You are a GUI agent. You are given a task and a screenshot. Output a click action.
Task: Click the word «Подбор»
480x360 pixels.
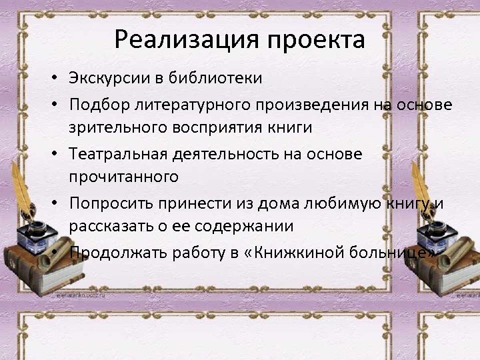[x=97, y=105]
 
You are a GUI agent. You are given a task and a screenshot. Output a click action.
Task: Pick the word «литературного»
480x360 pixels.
[x=193, y=105]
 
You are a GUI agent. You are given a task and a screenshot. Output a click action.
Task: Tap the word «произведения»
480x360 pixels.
[x=321, y=105]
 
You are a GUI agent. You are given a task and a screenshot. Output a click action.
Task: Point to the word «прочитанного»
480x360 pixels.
[x=123, y=176]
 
